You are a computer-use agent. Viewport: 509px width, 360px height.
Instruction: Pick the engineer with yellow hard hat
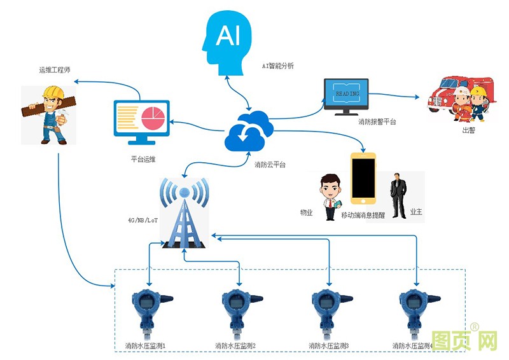point(48,114)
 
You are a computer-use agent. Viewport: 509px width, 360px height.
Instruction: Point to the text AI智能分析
point(278,66)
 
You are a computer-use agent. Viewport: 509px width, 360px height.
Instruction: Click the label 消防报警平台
point(377,121)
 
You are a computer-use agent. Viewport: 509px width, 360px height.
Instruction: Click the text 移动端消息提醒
point(363,215)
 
